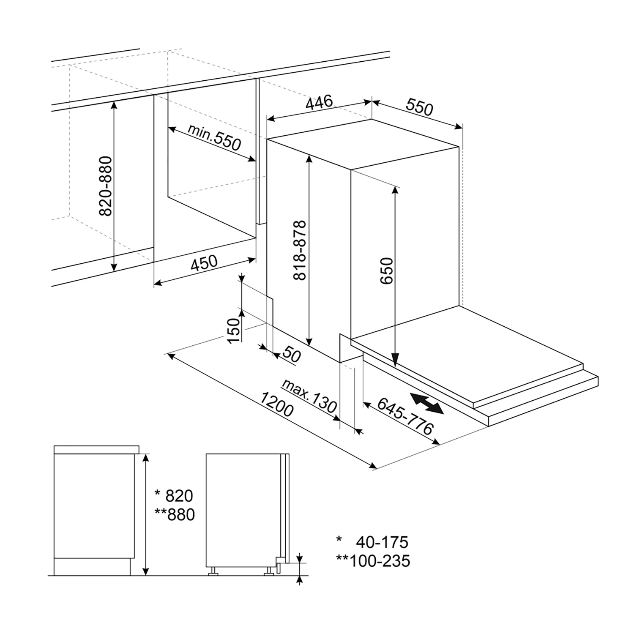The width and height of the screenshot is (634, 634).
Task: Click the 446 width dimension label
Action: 319,103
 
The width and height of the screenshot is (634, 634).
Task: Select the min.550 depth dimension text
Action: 214,137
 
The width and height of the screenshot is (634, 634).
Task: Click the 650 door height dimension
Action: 387,271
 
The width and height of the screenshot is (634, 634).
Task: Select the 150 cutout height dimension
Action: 233,330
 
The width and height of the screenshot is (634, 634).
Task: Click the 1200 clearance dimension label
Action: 277,404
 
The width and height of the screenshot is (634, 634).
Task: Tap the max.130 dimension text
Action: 309,396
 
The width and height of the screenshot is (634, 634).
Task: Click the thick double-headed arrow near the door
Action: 426,403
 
